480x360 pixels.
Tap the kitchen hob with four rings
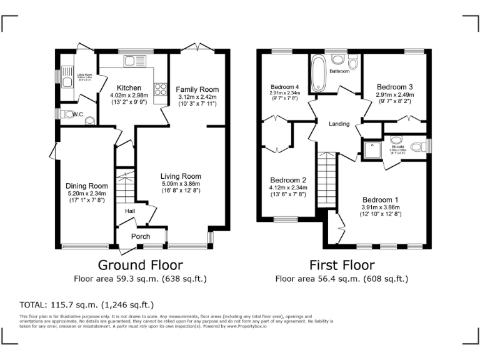160,91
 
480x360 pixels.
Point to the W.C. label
78,114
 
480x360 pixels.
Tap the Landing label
339,124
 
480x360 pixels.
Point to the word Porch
141,236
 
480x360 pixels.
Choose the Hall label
130,212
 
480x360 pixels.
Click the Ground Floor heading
140,265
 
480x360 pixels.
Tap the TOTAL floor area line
87,305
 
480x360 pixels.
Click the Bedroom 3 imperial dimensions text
394,101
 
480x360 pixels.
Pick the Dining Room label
87,186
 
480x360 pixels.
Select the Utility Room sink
67,81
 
